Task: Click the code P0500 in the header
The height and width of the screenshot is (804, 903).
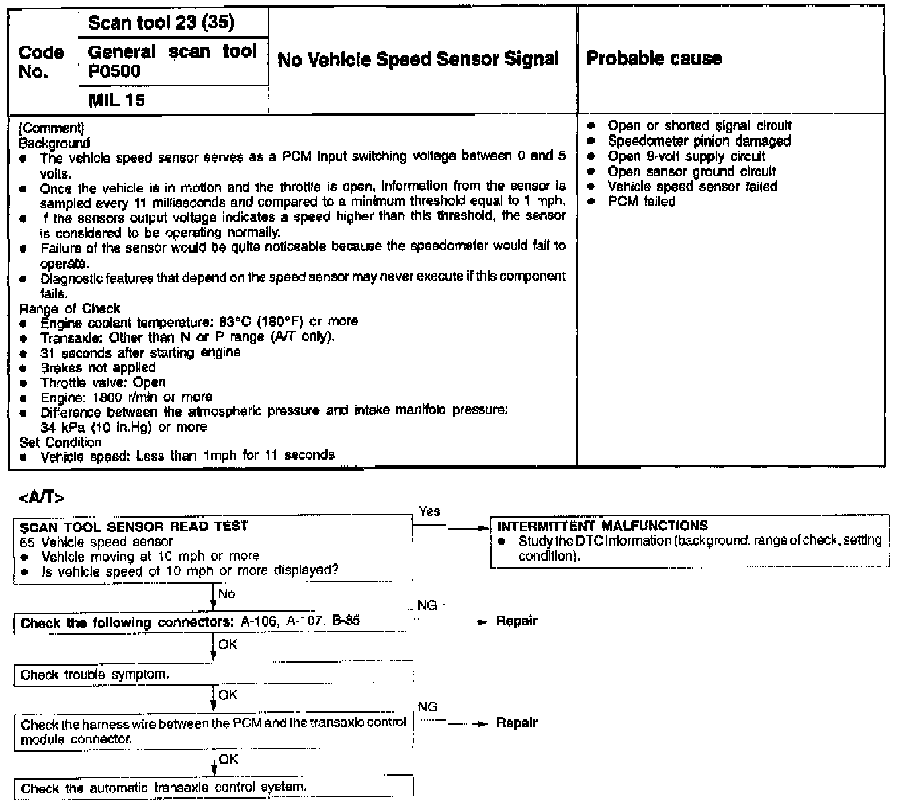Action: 114,71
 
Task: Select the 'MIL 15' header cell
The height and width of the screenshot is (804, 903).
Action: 116,101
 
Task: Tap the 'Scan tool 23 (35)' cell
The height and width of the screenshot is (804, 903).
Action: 161,23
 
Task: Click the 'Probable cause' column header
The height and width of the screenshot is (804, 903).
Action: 654,58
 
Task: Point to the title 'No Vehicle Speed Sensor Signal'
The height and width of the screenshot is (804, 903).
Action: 418,59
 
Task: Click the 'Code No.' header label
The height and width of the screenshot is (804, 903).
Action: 41,62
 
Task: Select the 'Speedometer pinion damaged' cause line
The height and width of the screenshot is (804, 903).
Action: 699,141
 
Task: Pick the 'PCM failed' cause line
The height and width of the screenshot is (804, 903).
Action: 641,201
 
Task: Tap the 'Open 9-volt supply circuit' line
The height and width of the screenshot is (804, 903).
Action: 686,156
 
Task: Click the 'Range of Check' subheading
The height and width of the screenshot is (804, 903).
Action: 70,309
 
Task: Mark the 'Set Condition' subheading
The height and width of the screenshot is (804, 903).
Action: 60,442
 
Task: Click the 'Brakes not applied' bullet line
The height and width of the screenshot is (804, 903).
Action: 97,368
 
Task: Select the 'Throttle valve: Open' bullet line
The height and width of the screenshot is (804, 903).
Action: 103,383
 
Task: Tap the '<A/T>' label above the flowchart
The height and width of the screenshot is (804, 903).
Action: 42,498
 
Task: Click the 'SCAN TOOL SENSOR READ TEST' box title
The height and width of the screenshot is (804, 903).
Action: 134,526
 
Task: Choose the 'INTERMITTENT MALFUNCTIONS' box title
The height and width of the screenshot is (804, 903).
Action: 602,526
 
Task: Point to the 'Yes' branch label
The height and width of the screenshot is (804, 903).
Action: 429,512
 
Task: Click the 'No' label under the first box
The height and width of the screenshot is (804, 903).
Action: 227,594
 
